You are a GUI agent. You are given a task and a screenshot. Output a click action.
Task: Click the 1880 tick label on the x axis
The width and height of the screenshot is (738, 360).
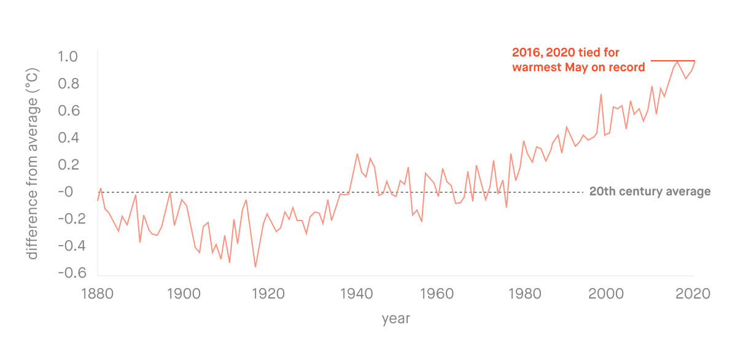coord(97,294)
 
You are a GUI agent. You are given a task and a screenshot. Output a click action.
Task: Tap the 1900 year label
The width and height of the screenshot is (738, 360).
coord(182,294)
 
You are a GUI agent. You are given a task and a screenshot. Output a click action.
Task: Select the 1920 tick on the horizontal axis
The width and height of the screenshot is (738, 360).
coord(266,294)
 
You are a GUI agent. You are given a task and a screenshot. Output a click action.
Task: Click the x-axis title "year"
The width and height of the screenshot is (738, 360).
coord(395,319)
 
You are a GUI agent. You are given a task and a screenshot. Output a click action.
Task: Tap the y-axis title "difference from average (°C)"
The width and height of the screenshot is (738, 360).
coord(33,165)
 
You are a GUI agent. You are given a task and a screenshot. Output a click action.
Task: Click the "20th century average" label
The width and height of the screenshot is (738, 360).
coord(650,192)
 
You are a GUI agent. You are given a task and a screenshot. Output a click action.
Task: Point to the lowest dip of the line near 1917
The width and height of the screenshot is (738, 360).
coord(255,267)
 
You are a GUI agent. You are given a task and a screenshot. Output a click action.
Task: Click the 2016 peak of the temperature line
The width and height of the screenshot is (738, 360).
coord(677,61)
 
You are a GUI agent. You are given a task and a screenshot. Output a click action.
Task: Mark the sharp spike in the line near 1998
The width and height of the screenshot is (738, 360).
coord(601,95)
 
